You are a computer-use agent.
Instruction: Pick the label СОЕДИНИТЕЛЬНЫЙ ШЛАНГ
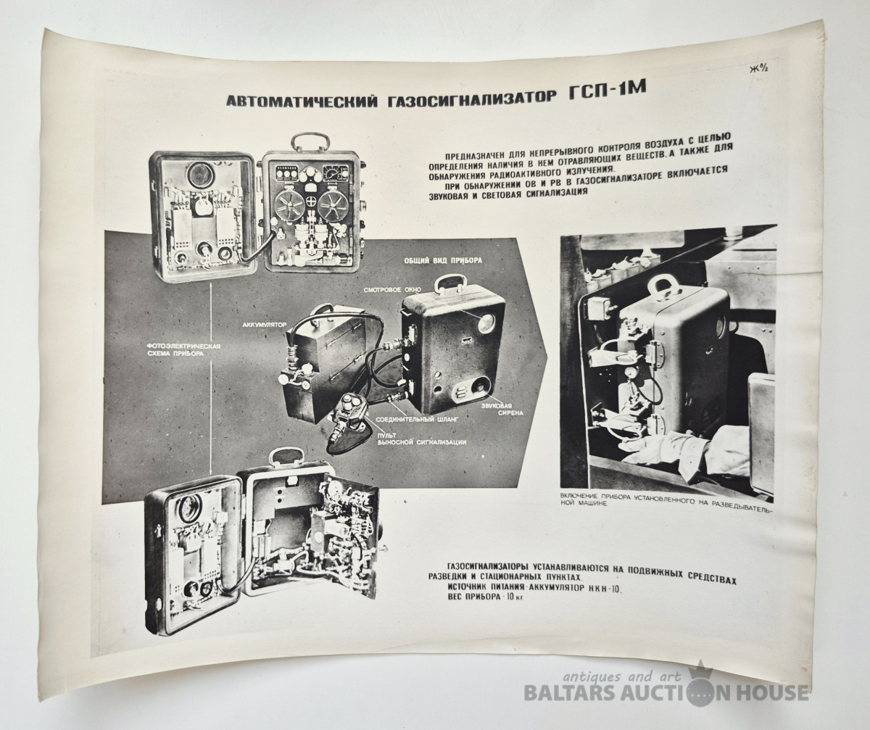[417, 420]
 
